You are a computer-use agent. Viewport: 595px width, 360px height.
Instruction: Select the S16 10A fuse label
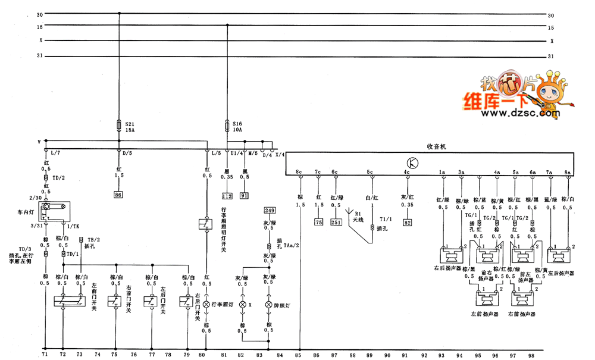(238, 126)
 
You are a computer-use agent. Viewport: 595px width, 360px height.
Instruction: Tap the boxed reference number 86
(118, 195)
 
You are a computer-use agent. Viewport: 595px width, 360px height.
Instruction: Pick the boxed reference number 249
(270, 210)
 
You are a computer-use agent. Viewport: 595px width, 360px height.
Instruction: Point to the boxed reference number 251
(336, 222)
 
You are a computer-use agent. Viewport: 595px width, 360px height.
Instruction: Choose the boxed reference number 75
(318, 222)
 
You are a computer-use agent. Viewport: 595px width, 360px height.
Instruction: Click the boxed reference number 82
(407, 222)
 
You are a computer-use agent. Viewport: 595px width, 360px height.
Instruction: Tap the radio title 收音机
(437, 146)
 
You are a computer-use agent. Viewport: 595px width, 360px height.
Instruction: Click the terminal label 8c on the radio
(299, 173)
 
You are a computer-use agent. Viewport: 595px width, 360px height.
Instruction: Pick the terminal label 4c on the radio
(406, 173)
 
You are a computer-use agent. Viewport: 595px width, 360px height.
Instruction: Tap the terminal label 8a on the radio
(568, 173)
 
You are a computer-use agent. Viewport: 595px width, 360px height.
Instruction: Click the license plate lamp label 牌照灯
(284, 304)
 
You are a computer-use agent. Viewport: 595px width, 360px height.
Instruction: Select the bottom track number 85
(299, 355)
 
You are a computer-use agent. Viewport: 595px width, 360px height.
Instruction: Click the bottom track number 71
(44, 355)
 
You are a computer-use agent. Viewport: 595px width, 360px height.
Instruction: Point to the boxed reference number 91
(245, 195)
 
